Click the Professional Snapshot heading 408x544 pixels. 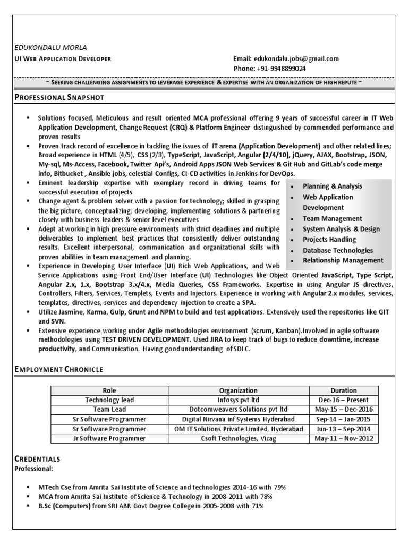point(59,98)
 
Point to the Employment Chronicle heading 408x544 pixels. point(58,369)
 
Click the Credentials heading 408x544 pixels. point(37,458)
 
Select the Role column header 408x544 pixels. point(109,390)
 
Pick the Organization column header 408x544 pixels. point(239,390)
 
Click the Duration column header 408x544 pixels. point(344,390)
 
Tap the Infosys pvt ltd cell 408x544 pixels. point(239,400)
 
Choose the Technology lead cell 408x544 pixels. point(109,400)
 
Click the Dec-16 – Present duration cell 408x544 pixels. point(344,400)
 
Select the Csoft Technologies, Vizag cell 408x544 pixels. point(239,439)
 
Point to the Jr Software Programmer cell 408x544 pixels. point(109,439)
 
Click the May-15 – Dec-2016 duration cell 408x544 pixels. point(344,410)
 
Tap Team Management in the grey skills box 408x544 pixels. point(332,218)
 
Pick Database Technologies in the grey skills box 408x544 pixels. point(337,250)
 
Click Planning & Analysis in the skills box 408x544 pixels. point(332,186)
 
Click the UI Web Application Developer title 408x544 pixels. point(63,59)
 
